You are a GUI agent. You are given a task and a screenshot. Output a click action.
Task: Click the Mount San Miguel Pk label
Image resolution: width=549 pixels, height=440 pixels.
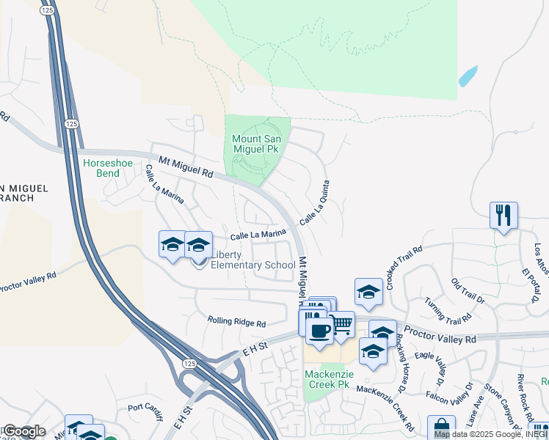click(261, 144)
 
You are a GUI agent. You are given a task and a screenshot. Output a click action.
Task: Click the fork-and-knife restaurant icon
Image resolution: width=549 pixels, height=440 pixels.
click(503, 216)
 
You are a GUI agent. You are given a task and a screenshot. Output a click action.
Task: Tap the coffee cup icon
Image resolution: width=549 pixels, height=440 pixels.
click(319, 331)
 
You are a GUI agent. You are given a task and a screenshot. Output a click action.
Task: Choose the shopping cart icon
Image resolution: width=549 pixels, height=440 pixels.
click(342, 324)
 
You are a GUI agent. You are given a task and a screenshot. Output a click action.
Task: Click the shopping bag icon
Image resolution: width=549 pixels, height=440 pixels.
click(441, 429)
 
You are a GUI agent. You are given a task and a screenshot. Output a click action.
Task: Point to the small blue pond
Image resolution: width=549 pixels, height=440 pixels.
click(468, 76)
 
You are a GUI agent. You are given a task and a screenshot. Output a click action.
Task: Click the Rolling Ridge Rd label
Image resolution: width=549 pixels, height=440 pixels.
click(236, 321)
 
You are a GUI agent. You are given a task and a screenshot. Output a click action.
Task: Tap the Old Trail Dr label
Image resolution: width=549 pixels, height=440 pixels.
click(468, 290)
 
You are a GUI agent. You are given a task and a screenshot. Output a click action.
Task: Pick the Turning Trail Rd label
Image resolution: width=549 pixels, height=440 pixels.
click(446, 310)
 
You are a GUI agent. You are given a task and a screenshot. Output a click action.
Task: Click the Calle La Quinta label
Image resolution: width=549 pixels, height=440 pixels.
click(313, 202)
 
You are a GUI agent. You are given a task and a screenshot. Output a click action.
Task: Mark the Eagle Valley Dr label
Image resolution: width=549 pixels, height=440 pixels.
click(434, 364)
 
